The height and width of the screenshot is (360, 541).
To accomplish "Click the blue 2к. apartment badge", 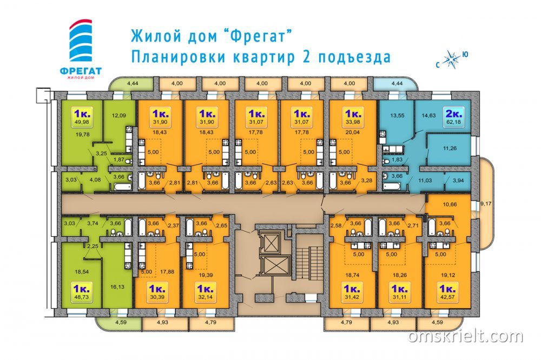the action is pyautogui.click(x=454, y=117).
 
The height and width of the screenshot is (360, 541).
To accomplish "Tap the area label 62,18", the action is pyautogui.click(x=454, y=122).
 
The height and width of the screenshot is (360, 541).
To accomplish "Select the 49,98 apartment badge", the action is pyautogui.click(x=82, y=117).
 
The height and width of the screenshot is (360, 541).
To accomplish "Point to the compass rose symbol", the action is pyautogui.click(x=451, y=59).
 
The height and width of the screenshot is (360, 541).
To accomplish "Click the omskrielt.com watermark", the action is pyautogui.click(x=465, y=336).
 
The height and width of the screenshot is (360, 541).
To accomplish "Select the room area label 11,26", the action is pyautogui.click(x=450, y=148).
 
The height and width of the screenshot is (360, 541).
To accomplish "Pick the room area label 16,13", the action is pyautogui.click(x=117, y=286).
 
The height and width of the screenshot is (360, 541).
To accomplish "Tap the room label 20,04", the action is pyautogui.click(x=352, y=132).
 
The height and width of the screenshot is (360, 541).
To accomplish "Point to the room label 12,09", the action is pyautogui.click(x=118, y=116).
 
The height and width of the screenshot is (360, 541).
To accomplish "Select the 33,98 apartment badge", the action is pyautogui.click(x=353, y=117).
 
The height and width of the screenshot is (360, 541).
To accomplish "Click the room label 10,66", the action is pyautogui.click(x=450, y=204).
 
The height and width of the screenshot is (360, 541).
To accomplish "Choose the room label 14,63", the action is pyautogui.click(x=428, y=116).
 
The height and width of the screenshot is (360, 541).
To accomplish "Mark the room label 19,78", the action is pyautogui.click(x=82, y=135).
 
